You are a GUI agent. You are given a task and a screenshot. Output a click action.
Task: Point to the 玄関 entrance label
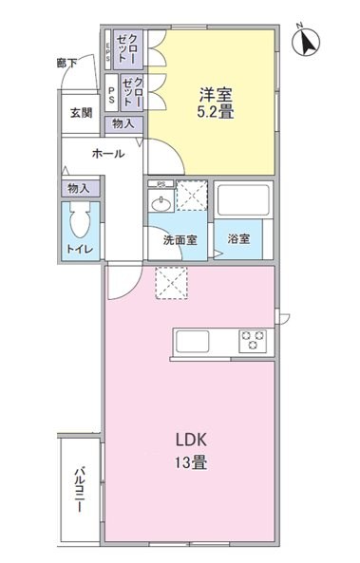click(80, 112)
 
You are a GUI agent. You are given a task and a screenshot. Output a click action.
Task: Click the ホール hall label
click(107, 153)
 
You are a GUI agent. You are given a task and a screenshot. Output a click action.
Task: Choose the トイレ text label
click(79, 249)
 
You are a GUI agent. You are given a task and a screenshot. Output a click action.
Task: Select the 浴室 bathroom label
click(238, 239)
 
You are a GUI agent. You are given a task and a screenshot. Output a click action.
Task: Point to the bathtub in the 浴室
click(245, 201)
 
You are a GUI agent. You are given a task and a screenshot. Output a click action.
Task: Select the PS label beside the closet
click(112, 94)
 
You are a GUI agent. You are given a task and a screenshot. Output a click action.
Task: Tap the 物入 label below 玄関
click(123, 124)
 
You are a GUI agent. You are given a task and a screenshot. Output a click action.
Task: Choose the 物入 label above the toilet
click(79, 189)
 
